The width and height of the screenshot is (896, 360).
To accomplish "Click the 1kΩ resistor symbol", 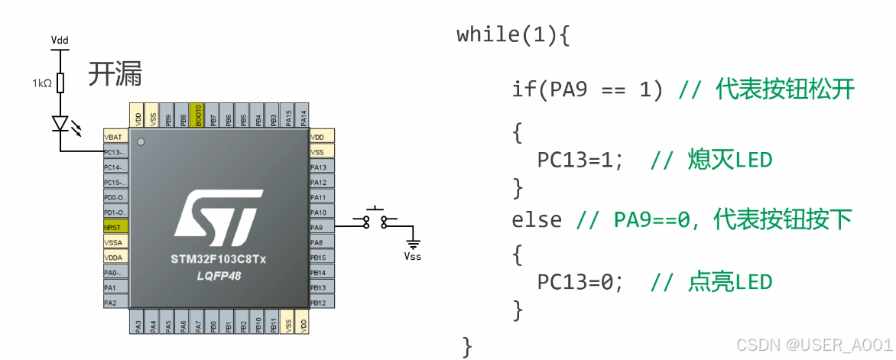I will [x=61, y=83].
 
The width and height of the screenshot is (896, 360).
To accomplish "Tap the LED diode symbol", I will [x=61, y=123].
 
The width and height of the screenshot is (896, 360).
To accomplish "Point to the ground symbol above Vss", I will [x=413, y=244].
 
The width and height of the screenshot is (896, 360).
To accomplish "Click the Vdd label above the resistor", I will [x=60, y=39].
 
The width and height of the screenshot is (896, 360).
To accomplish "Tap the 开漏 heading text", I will [x=115, y=75].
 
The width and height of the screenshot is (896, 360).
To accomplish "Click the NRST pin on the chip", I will [x=115, y=227].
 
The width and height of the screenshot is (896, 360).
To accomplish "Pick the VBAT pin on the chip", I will [x=115, y=137].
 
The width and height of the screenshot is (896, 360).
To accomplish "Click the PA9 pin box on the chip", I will [x=321, y=227].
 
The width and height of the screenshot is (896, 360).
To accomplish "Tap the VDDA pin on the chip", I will [x=115, y=258].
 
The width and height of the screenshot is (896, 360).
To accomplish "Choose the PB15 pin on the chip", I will [x=321, y=258].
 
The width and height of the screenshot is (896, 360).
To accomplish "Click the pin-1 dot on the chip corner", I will [x=141, y=142].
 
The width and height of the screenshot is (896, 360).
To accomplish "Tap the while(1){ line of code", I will [x=513, y=35].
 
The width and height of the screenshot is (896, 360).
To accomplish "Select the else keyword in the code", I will [x=536, y=220].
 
